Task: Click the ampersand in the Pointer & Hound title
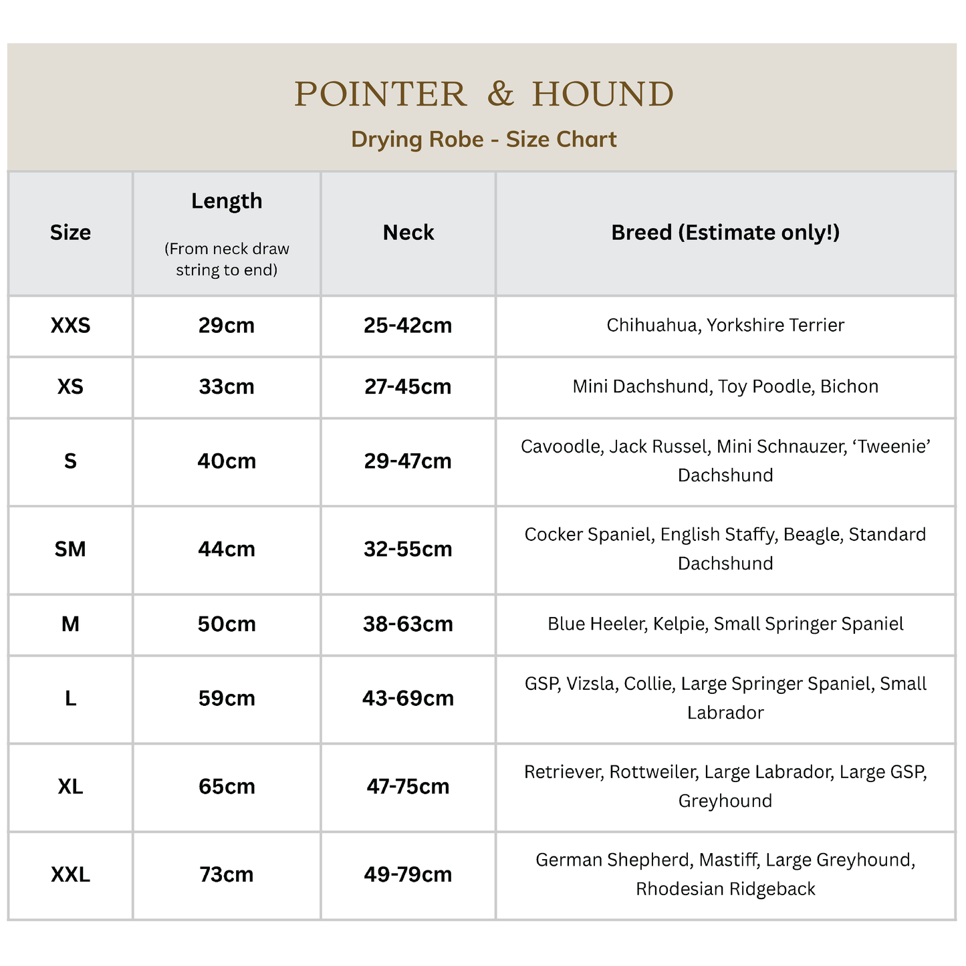point(500,94)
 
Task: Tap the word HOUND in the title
point(603,94)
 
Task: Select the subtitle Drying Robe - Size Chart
point(483,139)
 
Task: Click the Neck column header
point(408,233)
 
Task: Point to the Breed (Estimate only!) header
point(725,233)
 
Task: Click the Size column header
point(70,233)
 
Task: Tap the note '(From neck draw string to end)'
point(227,259)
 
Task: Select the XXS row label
point(70,326)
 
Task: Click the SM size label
point(70,549)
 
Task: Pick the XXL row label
point(70,874)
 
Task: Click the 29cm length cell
point(227,326)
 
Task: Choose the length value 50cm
point(227,624)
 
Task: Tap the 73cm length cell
point(227,874)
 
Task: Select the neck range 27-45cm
point(408,386)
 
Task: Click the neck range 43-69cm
point(408,698)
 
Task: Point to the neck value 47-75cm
point(408,786)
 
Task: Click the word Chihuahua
point(651,325)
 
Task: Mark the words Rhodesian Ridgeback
point(725,889)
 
